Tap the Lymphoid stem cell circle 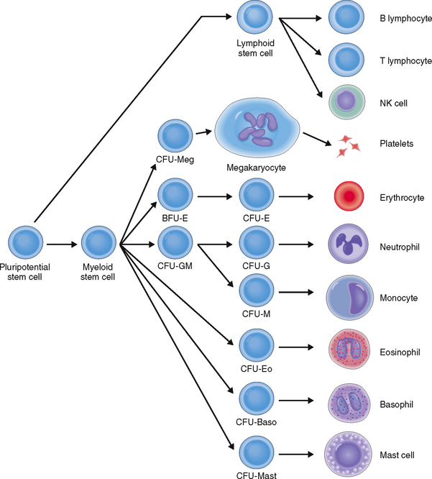tap(255, 18)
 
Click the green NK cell tap(349, 102)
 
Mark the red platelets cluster tap(349, 146)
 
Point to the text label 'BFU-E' tap(175, 216)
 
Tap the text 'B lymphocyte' tap(400, 14)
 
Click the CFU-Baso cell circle tap(255, 398)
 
